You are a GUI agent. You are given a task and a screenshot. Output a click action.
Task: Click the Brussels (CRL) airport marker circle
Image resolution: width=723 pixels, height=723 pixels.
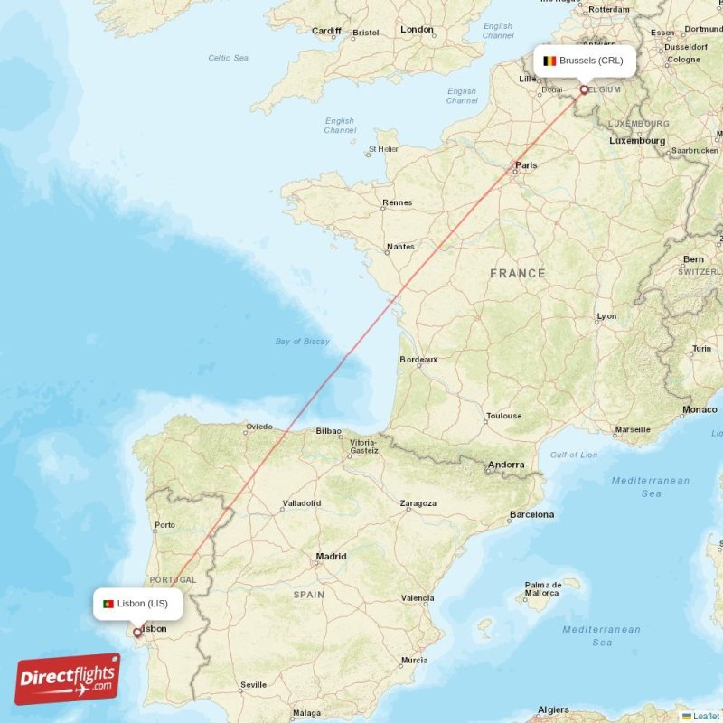click(x=584, y=89)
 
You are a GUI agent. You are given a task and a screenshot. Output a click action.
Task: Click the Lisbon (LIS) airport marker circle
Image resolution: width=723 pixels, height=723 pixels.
click(x=137, y=633)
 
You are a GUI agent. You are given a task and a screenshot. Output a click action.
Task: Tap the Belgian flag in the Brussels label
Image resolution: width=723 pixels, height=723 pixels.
click(x=549, y=61)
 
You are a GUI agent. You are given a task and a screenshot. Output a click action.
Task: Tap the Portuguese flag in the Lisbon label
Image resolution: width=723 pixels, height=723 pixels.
click(x=108, y=604)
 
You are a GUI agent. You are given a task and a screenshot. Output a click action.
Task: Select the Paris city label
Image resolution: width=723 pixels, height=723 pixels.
click(x=525, y=165)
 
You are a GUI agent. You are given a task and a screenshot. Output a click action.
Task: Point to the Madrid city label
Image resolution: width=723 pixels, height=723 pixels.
click(x=331, y=557)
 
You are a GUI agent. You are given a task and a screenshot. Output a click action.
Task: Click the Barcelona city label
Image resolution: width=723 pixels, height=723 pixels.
click(x=531, y=514)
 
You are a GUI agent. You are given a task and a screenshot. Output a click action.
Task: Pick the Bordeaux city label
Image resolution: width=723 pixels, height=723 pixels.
click(x=418, y=360)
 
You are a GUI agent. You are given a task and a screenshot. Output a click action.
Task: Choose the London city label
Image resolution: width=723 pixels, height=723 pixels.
click(x=417, y=30)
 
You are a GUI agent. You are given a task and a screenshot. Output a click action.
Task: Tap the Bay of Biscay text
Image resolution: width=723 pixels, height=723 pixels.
click(x=303, y=342)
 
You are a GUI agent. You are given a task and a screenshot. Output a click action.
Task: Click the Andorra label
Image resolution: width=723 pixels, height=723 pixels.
click(x=505, y=465)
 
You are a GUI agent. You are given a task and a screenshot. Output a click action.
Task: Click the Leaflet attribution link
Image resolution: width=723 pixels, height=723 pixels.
click(x=705, y=716)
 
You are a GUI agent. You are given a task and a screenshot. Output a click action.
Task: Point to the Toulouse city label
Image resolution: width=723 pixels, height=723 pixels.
click(x=503, y=417)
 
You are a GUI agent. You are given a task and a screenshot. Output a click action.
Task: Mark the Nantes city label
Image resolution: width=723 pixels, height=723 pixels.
click(x=399, y=247)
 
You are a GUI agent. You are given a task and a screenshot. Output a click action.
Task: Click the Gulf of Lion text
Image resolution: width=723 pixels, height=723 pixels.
click(x=574, y=455)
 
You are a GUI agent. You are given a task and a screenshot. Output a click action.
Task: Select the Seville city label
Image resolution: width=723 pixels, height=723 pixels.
click(x=253, y=685)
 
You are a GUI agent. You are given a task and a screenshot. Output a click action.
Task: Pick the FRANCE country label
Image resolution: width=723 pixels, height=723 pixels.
click(x=518, y=273)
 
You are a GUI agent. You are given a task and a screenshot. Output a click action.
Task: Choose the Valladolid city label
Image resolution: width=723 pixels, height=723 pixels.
click(x=302, y=502)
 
